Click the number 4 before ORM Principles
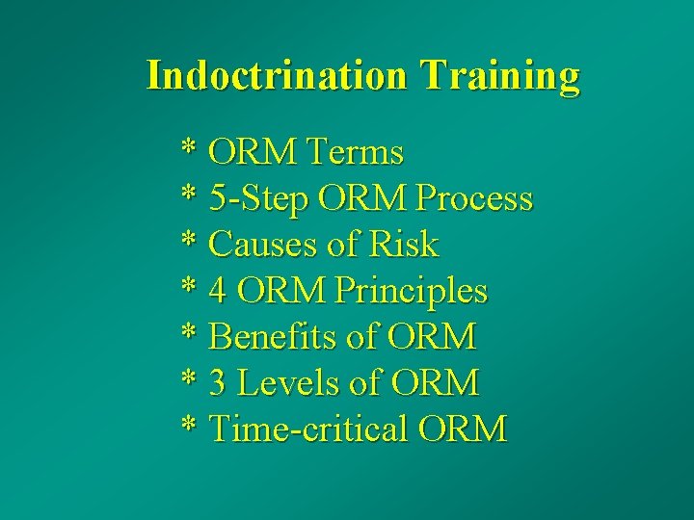(x=219, y=291)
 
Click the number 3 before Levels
(x=219, y=383)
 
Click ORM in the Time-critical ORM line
(x=462, y=429)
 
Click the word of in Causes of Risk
(x=341, y=245)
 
